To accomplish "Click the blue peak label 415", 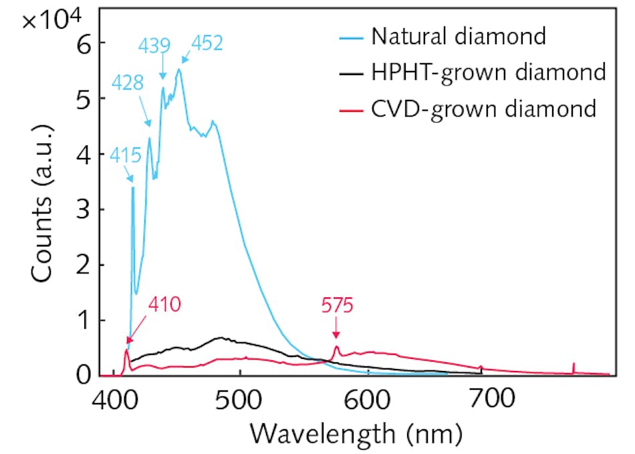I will pos(126,157).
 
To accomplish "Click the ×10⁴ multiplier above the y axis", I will pos(51,19).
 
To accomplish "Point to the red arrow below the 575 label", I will pos(336,329).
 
